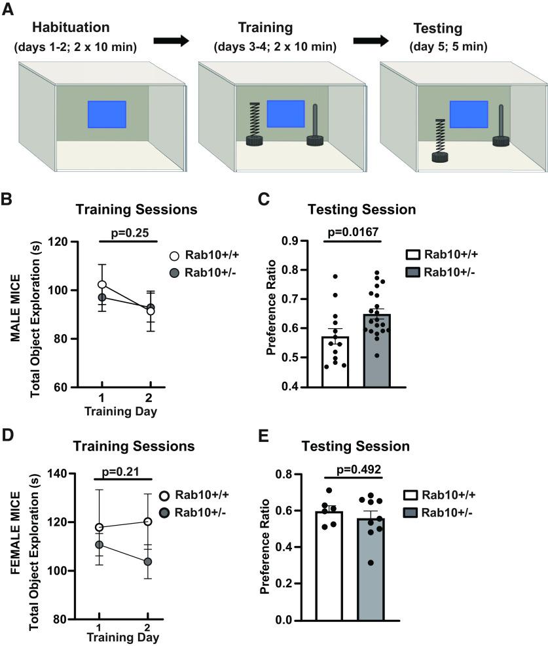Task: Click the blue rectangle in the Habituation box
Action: (107, 114)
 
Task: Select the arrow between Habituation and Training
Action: (171, 41)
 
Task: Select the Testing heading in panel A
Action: (437, 29)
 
